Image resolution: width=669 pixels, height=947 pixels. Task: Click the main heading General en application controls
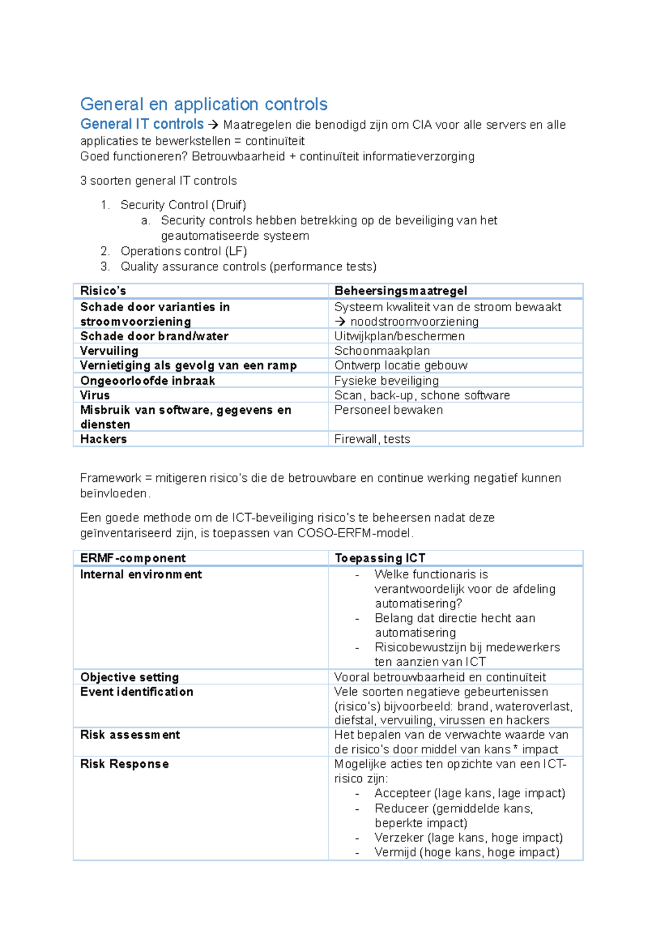[203, 104]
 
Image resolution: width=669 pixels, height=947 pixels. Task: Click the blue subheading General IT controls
[142, 124]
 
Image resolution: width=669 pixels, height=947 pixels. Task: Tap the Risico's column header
[103, 291]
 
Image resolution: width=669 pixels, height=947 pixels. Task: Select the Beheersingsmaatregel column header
[400, 291]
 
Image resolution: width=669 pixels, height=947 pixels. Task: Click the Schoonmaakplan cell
[382, 351]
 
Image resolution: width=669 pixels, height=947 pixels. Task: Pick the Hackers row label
[104, 439]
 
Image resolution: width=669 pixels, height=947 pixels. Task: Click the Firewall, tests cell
[372, 439]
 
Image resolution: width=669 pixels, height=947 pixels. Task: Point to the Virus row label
[95, 395]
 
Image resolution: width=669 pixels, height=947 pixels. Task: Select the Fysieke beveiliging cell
[386, 381]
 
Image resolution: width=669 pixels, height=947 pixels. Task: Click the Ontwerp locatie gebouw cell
[400, 365]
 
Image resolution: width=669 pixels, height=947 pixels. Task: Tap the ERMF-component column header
[133, 558]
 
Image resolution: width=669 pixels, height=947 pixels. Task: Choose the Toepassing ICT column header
[380, 558]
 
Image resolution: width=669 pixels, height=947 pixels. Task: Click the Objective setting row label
[129, 677]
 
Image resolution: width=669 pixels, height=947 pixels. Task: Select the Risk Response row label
[124, 764]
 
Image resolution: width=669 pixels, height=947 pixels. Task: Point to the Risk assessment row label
[130, 735]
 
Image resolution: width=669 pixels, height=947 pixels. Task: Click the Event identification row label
[137, 692]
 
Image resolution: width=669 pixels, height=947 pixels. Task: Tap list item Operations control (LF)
[183, 251]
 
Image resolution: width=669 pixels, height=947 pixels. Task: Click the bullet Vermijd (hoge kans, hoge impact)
[467, 852]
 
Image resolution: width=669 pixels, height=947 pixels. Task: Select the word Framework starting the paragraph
[110, 478]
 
